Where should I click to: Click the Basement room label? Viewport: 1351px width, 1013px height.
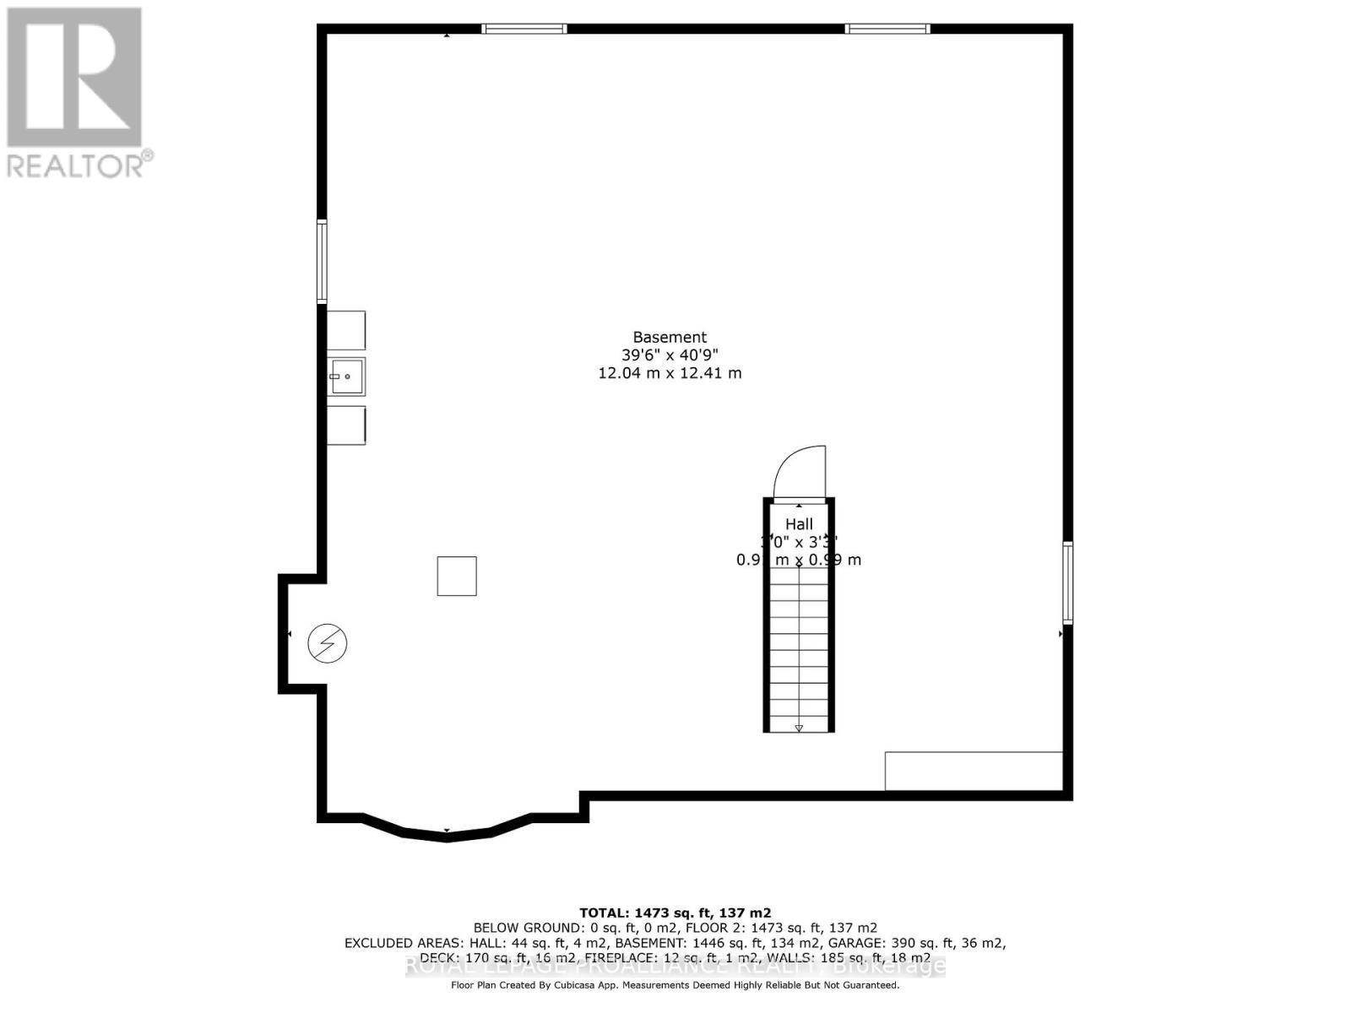(670, 338)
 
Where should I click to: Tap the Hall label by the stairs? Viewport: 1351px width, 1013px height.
(799, 524)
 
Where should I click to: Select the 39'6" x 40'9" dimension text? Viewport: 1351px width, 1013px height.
(670, 355)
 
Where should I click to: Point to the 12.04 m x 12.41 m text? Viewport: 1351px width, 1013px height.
(670, 373)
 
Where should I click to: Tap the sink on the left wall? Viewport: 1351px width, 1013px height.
(346, 376)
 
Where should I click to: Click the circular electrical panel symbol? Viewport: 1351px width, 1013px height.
(327, 643)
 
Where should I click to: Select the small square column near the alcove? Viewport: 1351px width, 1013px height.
(457, 577)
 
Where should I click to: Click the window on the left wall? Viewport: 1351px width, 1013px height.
(322, 262)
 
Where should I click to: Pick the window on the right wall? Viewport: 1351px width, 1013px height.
(1067, 582)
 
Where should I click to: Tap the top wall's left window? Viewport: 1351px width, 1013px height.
(524, 30)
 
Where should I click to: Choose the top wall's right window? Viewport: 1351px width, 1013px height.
(887, 30)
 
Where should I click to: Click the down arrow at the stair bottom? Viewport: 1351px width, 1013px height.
(799, 727)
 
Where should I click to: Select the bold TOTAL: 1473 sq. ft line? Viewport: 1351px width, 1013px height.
(675, 913)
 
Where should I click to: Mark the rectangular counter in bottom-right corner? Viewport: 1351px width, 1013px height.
(974, 771)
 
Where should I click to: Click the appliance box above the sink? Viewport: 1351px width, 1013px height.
(346, 330)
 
